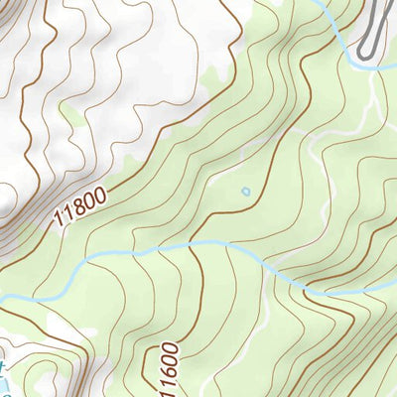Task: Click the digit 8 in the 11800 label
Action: (x=78, y=207)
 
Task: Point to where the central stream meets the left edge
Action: (x=2, y=298)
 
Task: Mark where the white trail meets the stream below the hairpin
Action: (x=373, y=66)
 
